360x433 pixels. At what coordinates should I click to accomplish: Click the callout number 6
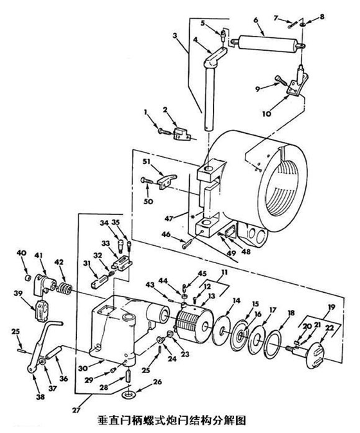[x=255, y=21]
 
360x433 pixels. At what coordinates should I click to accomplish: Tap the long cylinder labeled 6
[x=269, y=44]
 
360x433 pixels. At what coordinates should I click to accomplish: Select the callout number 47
[x=168, y=219]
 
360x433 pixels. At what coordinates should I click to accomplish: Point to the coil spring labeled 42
[x=64, y=288]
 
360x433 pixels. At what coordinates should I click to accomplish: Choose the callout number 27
[x=76, y=410]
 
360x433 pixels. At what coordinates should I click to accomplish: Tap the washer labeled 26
[x=129, y=394]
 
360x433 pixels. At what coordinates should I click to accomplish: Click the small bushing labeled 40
[x=27, y=277]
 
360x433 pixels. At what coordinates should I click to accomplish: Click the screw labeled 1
[x=165, y=132]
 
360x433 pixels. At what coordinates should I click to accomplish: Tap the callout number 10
[x=267, y=113]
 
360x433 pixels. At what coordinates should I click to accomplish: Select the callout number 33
[x=105, y=244]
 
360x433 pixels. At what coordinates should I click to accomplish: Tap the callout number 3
[x=175, y=36]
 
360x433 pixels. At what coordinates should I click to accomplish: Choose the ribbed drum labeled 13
[x=195, y=324]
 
